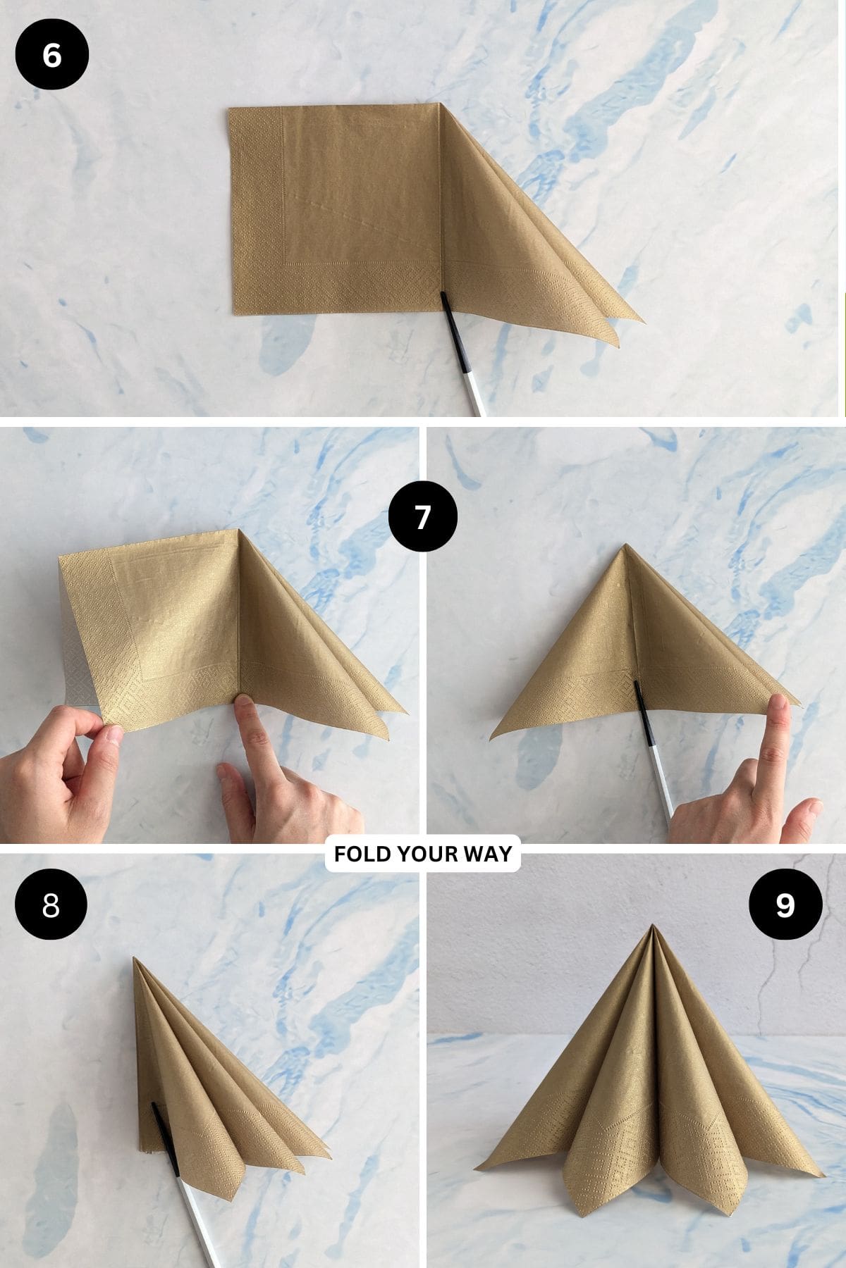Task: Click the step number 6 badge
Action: pos(51,55)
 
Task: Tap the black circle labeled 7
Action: pos(422,518)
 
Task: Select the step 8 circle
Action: pos(51,905)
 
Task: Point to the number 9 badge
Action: pos(785,905)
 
